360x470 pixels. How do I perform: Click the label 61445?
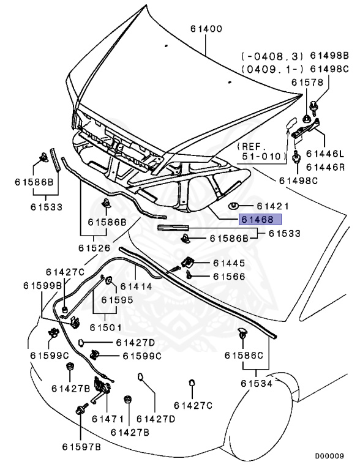pyautogui.click(x=229, y=263)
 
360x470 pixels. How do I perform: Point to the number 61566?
pyautogui.click(x=229, y=277)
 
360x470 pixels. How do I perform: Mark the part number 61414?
pyautogui.click(x=136, y=286)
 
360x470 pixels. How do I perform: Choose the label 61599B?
pyautogui.click(x=43, y=286)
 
